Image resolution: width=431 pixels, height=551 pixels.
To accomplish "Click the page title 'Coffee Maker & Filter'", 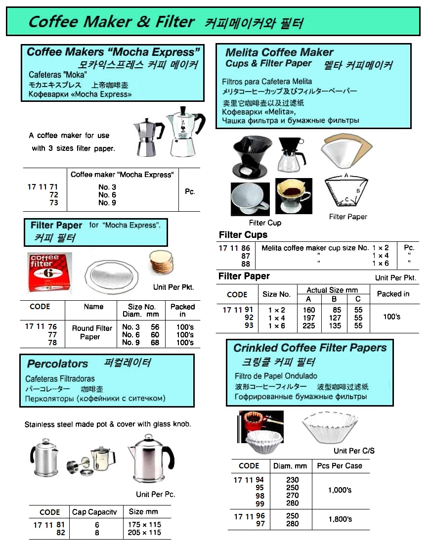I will [x=111, y=22].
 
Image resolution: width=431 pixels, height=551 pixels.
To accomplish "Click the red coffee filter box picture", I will [x=49, y=272].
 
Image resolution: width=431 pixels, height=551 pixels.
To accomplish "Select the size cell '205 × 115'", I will [x=144, y=533].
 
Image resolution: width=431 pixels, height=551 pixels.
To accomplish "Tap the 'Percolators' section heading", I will [x=57, y=364].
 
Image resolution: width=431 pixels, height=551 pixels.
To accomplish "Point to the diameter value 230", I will [x=292, y=480].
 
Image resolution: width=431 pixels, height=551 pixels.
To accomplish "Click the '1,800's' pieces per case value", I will [x=340, y=519].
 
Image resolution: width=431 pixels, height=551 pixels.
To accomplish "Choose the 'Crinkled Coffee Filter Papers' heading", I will [x=310, y=348].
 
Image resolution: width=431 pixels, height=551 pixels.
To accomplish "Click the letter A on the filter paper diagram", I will [x=346, y=176].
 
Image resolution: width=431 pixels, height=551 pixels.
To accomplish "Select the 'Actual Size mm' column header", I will [x=332, y=290].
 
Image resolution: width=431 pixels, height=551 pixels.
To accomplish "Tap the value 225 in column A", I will [x=308, y=325].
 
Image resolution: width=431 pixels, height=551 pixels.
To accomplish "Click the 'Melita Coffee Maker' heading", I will [x=279, y=52].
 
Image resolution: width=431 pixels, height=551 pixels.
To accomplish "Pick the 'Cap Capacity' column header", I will [x=95, y=512].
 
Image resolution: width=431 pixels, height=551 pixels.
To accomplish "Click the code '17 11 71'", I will [x=43, y=187].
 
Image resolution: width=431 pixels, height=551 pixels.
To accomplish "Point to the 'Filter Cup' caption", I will [x=265, y=223].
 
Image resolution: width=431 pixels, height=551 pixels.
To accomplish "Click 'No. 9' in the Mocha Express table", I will [x=107, y=203].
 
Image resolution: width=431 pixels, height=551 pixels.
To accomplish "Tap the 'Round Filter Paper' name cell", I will [x=92, y=332].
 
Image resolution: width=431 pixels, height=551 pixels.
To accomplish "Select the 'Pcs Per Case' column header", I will [x=340, y=465].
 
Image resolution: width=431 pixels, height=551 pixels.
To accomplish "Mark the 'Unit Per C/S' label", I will [x=354, y=451].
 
